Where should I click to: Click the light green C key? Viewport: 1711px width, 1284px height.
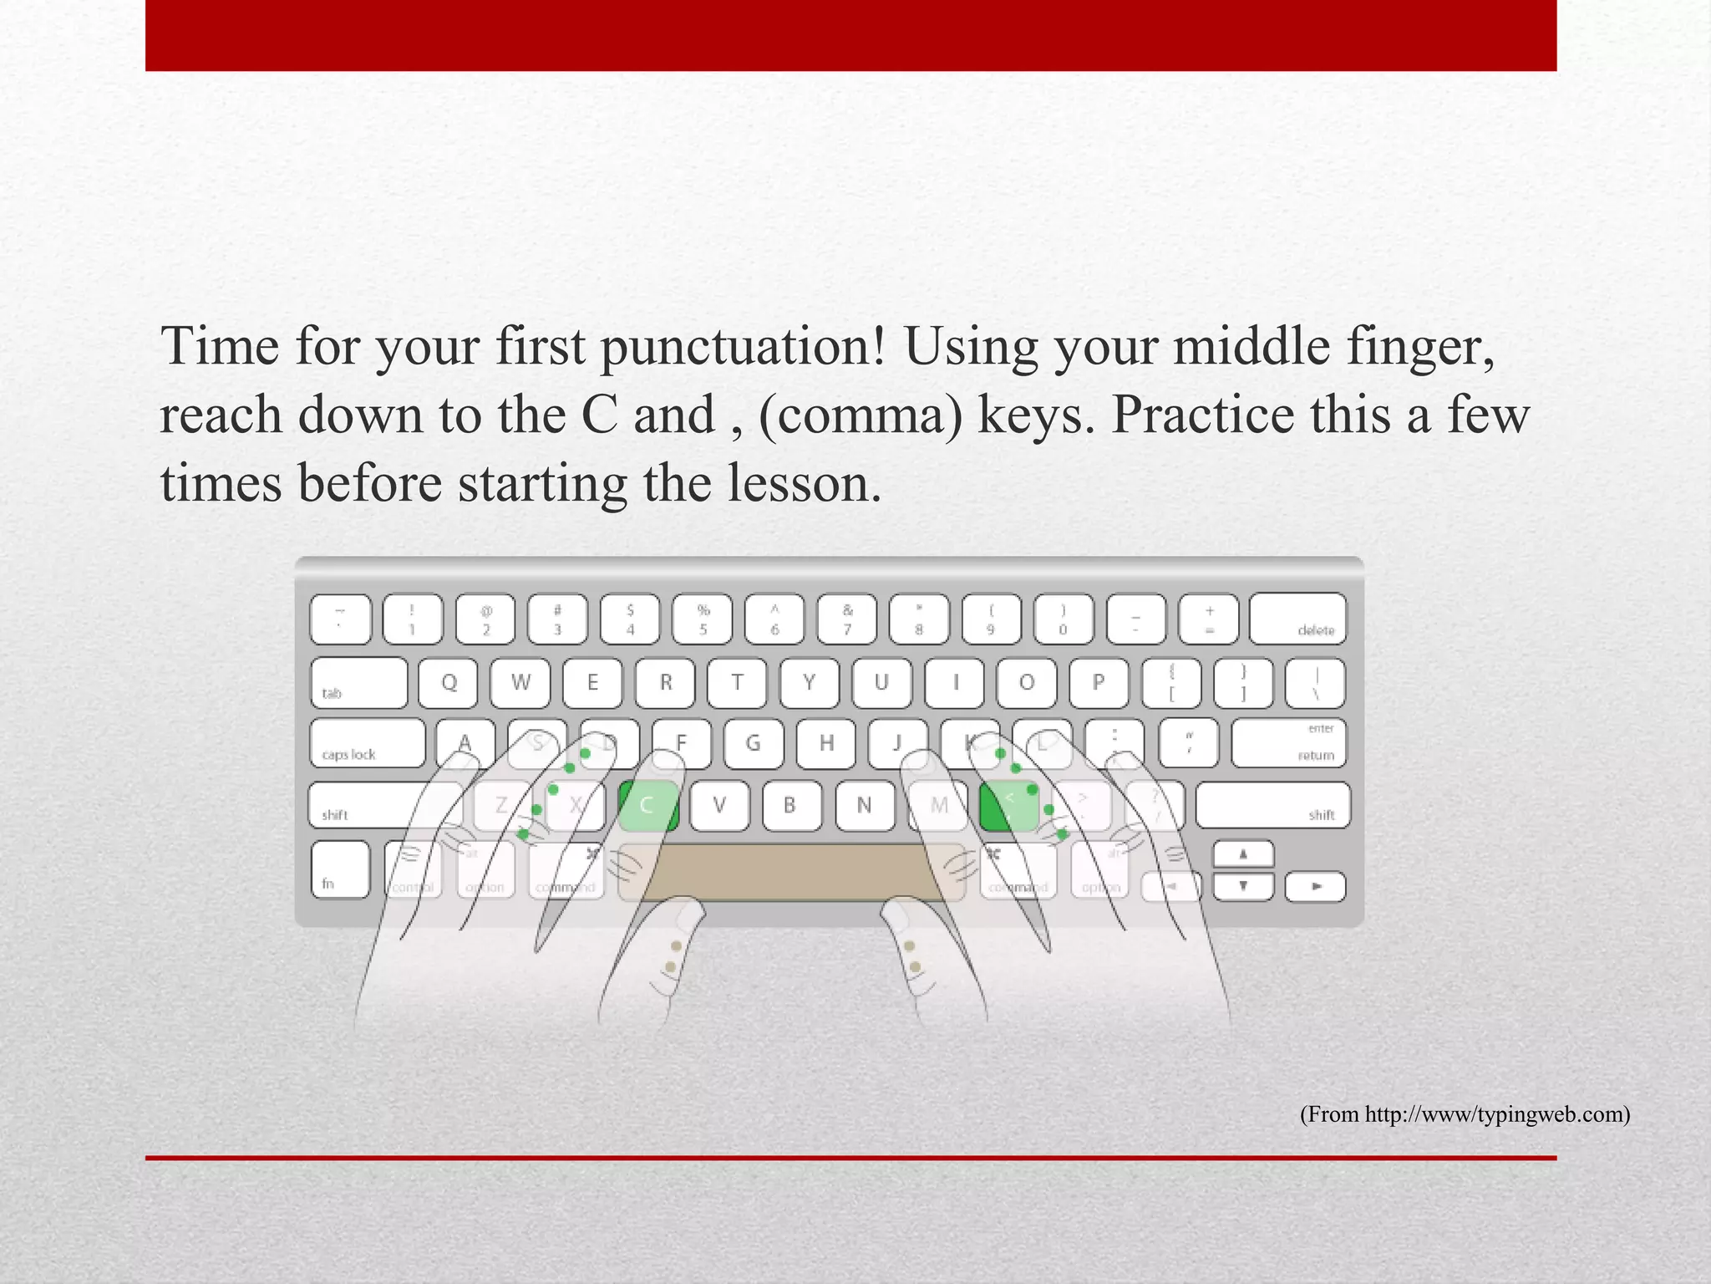click(x=648, y=805)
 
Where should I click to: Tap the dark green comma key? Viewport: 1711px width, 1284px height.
click(x=1008, y=805)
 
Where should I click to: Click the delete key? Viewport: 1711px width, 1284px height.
click(x=1297, y=619)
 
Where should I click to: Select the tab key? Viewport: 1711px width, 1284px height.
click(x=358, y=683)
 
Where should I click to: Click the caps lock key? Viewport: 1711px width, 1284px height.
click(x=367, y=743)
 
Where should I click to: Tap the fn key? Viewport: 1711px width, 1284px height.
click(x=340, y=869)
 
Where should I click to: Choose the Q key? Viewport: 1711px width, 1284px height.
click(x=449, y=683)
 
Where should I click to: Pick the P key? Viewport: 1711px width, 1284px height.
click(x=1098, y=683)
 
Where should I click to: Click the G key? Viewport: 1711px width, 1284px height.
click(x=753, y=743)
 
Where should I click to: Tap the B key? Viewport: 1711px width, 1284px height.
click(x=789, y=805)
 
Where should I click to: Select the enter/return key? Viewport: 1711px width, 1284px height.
click(x=1288, y=743)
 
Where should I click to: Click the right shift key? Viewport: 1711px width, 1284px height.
click(x=1272, y=805)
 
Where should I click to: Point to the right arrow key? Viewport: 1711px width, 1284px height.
click(x=1315, y=886)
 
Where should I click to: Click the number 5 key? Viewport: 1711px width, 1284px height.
click(x=703, y=619)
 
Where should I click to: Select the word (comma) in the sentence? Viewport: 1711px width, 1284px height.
click(x=860, y=415)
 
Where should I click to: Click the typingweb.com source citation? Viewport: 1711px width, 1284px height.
click(x=1465, y=1114)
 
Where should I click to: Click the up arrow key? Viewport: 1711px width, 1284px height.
click(x=1243, y=854)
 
